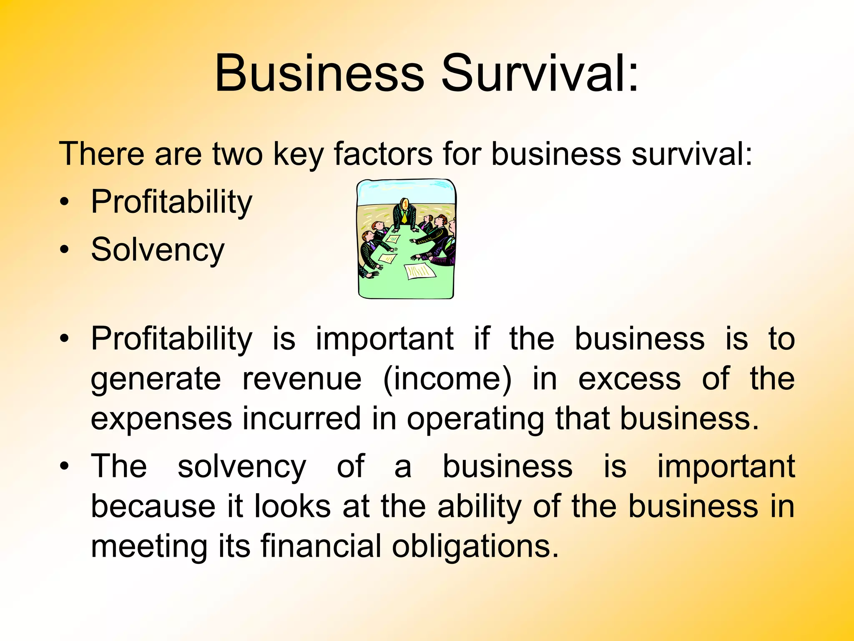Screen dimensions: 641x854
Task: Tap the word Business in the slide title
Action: coord(319,73)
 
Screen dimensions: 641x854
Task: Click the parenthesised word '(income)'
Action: coord(447,380)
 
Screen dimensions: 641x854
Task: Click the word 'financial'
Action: coord(321,546)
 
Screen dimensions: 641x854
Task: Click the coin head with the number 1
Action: coord(404,204)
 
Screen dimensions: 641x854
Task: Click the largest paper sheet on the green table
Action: coord(420,271)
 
